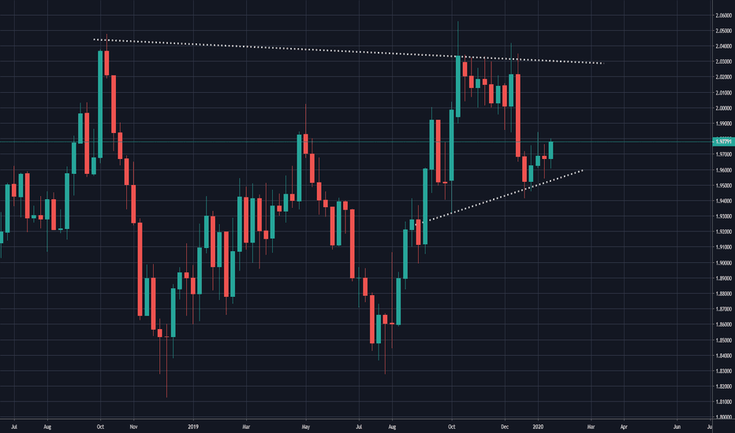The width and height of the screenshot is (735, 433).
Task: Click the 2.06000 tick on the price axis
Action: [x=722, y=16]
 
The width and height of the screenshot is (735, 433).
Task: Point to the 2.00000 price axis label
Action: [x=722, y=108]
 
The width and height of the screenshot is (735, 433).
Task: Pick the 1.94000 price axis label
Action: [x=722, y=201]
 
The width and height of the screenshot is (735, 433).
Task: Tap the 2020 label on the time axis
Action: [x=539, y=426]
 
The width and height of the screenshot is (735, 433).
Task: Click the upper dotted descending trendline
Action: [x=347, y=50]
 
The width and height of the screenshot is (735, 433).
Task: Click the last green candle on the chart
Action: [x=551, y=150]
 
